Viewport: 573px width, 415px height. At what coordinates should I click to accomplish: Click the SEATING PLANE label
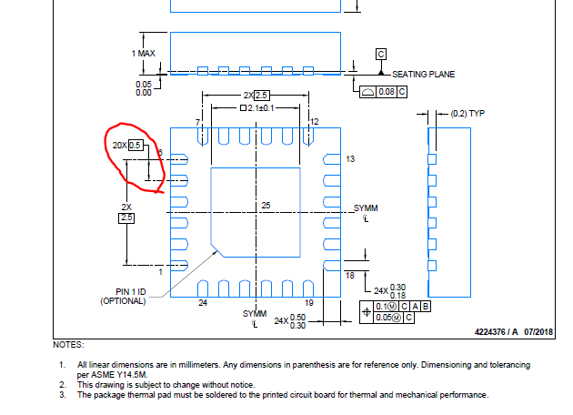[x=423, y=74]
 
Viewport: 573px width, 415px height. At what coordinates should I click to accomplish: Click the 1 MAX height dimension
[x=143, y=54]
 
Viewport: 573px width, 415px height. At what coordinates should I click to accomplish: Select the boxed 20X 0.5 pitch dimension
[x=126, y=145]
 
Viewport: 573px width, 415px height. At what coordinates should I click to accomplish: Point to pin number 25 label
[x=266, y=206]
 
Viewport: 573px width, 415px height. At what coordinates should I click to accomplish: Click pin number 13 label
[x=350, y=159]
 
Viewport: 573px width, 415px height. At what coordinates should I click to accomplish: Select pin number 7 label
[x=196, y=122]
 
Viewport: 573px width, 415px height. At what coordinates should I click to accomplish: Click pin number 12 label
[x=314, y=122]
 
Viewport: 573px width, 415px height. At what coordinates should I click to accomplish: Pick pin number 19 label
[x=308, y=303]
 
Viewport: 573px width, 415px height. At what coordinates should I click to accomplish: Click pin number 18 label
[x=349, y=275]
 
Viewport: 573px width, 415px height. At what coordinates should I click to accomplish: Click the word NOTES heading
[x=69, y=345]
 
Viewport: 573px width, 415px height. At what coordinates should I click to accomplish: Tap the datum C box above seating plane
[x=380, y=54]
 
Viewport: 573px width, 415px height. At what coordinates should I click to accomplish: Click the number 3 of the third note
[x=63, y=395]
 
